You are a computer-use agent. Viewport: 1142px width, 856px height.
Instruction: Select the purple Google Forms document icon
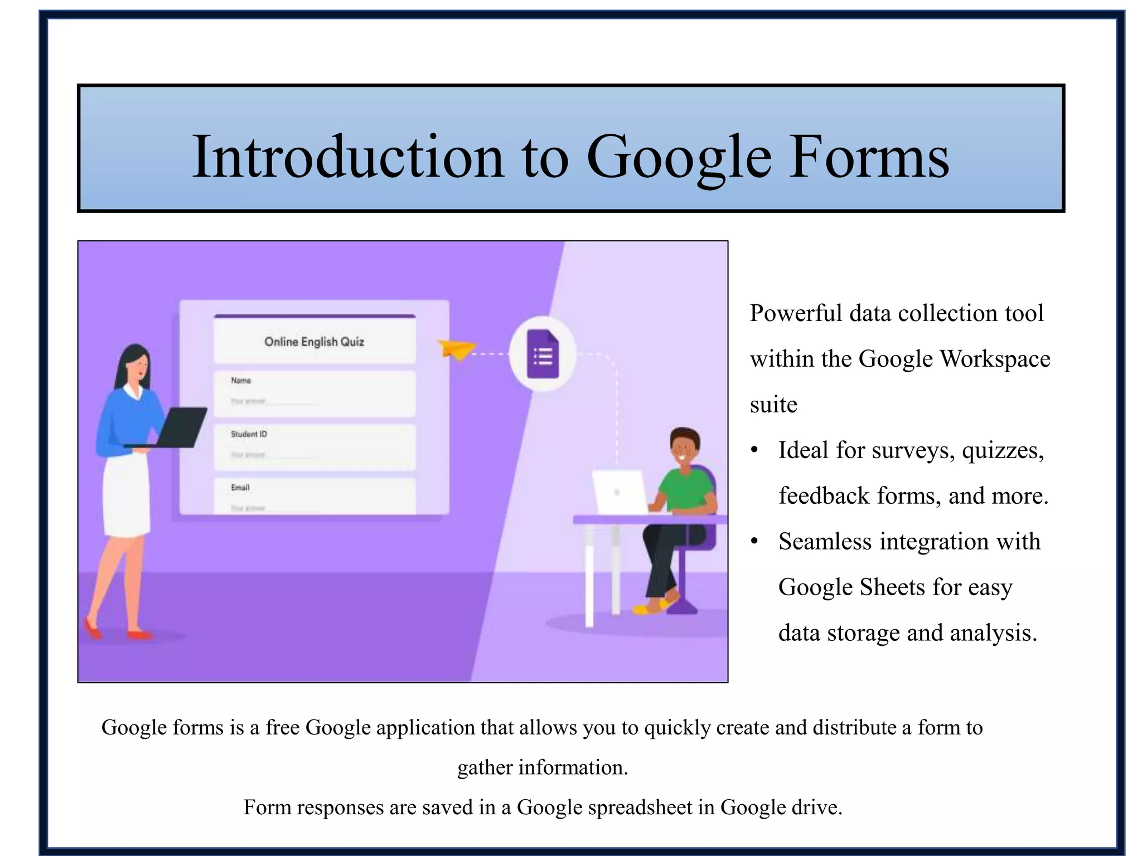tap(543, 354)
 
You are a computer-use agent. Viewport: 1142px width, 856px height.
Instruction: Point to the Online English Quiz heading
tap(314, 342)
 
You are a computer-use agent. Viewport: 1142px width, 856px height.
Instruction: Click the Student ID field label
tap(249, 434)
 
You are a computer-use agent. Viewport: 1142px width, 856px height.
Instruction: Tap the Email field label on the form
tap(240, 488)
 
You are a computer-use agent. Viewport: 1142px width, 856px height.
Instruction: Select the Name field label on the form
tap(241, 381)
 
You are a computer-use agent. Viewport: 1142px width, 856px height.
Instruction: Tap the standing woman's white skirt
tap(127, 496)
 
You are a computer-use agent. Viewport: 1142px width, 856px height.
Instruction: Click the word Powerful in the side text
tap(796, 314)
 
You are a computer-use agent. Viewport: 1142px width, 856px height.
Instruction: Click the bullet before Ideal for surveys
tap(754, 450)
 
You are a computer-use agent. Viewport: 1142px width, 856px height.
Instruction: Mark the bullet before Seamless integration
tap(754, 542)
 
